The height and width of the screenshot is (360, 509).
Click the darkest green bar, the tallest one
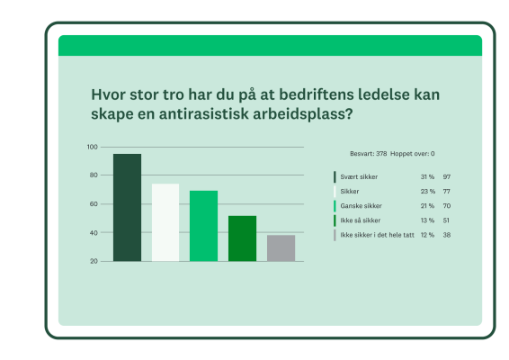click(x=127, y=208)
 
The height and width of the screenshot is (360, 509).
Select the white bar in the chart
click(x=165, y=222)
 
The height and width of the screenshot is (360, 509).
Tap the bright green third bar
click(x=203, y=226)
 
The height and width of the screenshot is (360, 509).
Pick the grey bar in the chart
click(x=281, y=247)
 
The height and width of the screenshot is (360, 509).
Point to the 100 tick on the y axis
click(x=93, y=147)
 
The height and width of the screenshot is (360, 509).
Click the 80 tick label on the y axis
click(x=94, y=175)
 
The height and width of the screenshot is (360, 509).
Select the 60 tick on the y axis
click(x=94, y=204)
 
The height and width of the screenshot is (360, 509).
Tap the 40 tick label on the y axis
click(x=94, y=233)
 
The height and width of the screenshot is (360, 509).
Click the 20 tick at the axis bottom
click(x=94, y=261)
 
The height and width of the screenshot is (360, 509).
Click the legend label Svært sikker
click(x=357, y=177)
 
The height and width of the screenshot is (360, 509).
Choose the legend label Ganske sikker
click(x=361, y=206)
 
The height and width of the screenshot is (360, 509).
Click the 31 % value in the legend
click(x=427, y=177)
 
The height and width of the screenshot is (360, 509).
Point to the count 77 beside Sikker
click(x=446, y=192)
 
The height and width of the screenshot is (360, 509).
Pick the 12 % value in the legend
click(x=427, y=235)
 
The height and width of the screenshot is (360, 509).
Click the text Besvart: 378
click(x=368, y=154)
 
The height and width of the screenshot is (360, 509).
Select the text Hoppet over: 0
click(x=412, y=154)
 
